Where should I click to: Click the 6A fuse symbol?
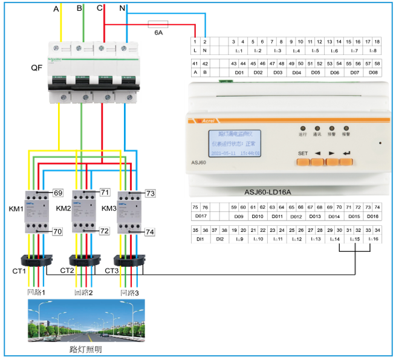click(x=158, y=25)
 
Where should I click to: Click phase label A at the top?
click(x=56, y=9)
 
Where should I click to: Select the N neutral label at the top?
click(x=123, y=9)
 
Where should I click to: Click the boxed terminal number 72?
click(x=104, y=231)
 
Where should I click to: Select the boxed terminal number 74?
click(x=151, y=231)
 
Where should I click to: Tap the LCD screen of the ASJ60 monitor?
click(x=235, y=143)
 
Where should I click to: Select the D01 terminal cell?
click(x=239, y=72)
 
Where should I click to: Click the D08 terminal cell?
click(x=373, y=72)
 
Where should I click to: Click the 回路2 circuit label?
click(x=83, y=292)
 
